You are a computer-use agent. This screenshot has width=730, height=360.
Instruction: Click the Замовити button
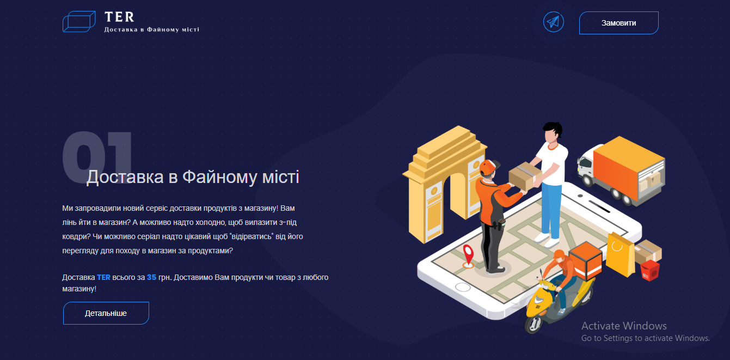coord(618,23)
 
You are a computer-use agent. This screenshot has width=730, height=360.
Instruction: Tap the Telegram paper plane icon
coord(554,22)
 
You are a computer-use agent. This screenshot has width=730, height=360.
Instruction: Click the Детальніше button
coord(106,313)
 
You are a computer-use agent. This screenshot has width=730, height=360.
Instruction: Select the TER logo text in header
coord(119,17)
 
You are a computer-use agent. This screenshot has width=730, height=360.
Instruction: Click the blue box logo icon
coord(79,22)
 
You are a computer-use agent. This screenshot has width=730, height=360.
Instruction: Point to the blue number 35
coord(151,277)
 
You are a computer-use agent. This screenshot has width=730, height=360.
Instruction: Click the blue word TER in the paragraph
coord(103,277)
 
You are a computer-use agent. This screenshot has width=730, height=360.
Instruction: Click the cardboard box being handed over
coord(525,175)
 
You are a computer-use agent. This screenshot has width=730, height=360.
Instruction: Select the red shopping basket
coord(650,270)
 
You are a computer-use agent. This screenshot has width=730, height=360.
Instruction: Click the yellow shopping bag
coord(621,255)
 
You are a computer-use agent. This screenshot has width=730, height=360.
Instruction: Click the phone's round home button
coord(462,287)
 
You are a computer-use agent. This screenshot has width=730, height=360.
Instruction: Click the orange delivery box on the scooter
coord(586,260)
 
